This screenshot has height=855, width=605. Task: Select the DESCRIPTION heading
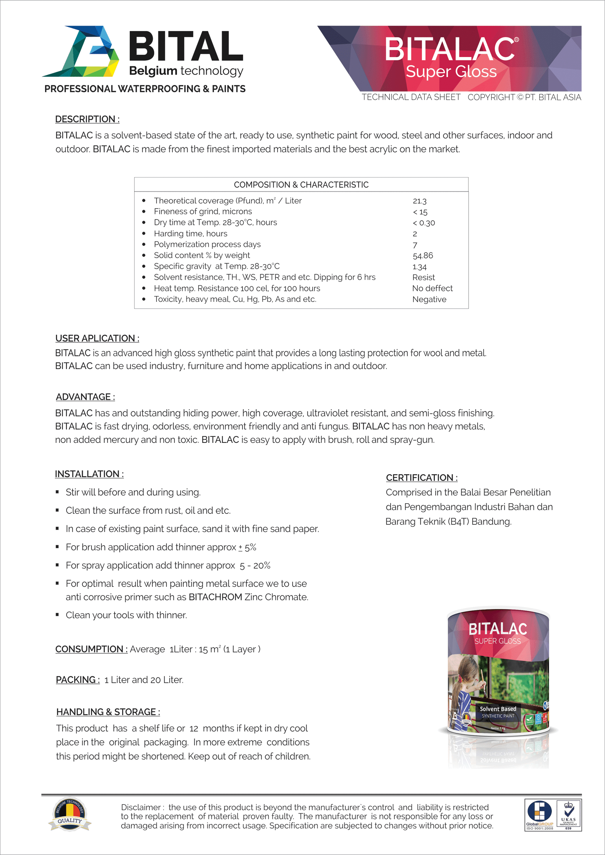(87, 119)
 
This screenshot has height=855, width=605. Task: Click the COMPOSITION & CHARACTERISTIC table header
(301, 185)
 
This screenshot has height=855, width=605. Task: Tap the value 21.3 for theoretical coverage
(419, 201)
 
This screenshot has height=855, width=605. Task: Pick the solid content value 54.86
(423, 256)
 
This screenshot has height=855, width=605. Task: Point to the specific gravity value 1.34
(419, 267)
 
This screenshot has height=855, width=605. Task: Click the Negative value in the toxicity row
(429, 300)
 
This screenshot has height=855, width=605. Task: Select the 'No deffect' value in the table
(432, 289)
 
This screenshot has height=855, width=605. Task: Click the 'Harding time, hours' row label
(191, 233)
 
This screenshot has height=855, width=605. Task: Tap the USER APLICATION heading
(97, 338)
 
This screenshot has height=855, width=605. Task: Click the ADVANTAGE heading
(85, 397)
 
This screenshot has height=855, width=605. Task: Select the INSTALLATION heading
(89, 474)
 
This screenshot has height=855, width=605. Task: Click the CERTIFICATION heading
(422, 478)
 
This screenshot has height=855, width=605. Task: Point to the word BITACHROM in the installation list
(215, 597)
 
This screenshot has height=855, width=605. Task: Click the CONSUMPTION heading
(91, 649)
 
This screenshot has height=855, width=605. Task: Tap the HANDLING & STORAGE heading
(108, 712)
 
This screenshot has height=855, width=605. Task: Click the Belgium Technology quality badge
(70, 815)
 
